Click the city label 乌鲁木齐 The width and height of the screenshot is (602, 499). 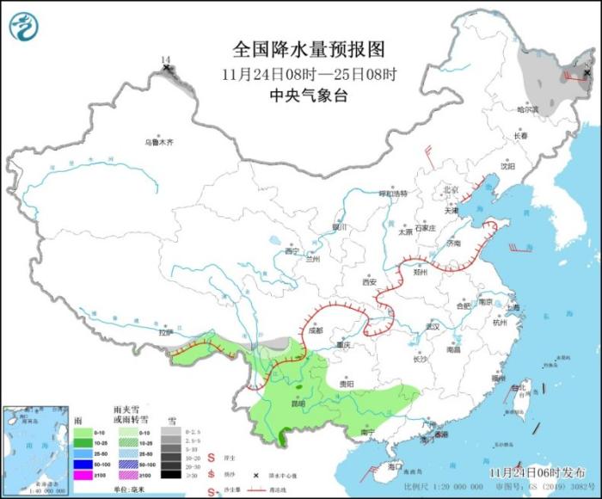[x=158, y=142]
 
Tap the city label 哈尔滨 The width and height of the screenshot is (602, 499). [x=527, y=109]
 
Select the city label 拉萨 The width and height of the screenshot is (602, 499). [x=166, y=331]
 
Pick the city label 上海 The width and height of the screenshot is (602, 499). [x=513, y=306]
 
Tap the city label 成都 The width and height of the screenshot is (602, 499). [x=314, y=330]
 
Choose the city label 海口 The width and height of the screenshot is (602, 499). [x=396, y=465]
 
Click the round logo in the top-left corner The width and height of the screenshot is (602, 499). [x=25, y=27]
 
